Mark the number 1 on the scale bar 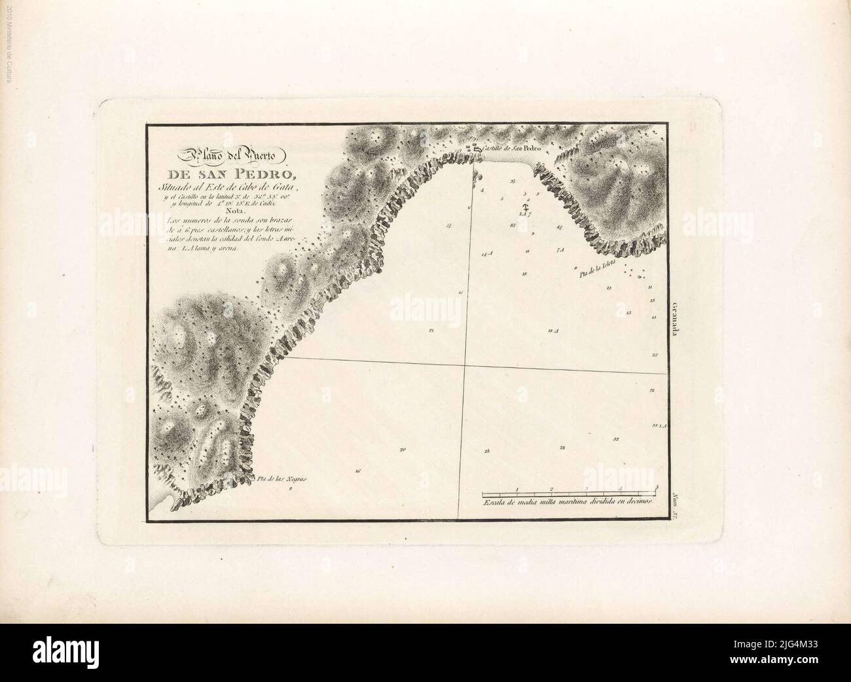pos(517,488)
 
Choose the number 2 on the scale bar pos(552,488)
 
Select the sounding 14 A pos(486,253)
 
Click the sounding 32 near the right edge pos(616,439)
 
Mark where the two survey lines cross pos(464,365)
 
